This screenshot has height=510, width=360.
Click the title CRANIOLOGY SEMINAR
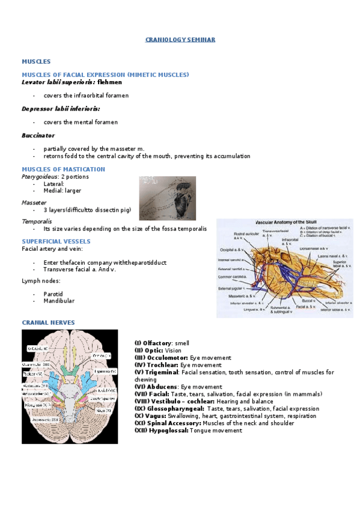(x=180, y=40)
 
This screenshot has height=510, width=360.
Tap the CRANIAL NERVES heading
(x=48, y=322)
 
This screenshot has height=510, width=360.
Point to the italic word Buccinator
(x=38, y=135)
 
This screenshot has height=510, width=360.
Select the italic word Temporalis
(x=35, y=221)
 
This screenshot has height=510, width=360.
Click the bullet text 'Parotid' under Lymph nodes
(x=53, y=293)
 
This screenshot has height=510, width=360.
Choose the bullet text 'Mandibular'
(x=59, y=301)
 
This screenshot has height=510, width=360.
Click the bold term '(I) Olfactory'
(x=154, y=343)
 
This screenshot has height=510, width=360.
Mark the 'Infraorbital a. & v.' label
(x=290, y=242)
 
